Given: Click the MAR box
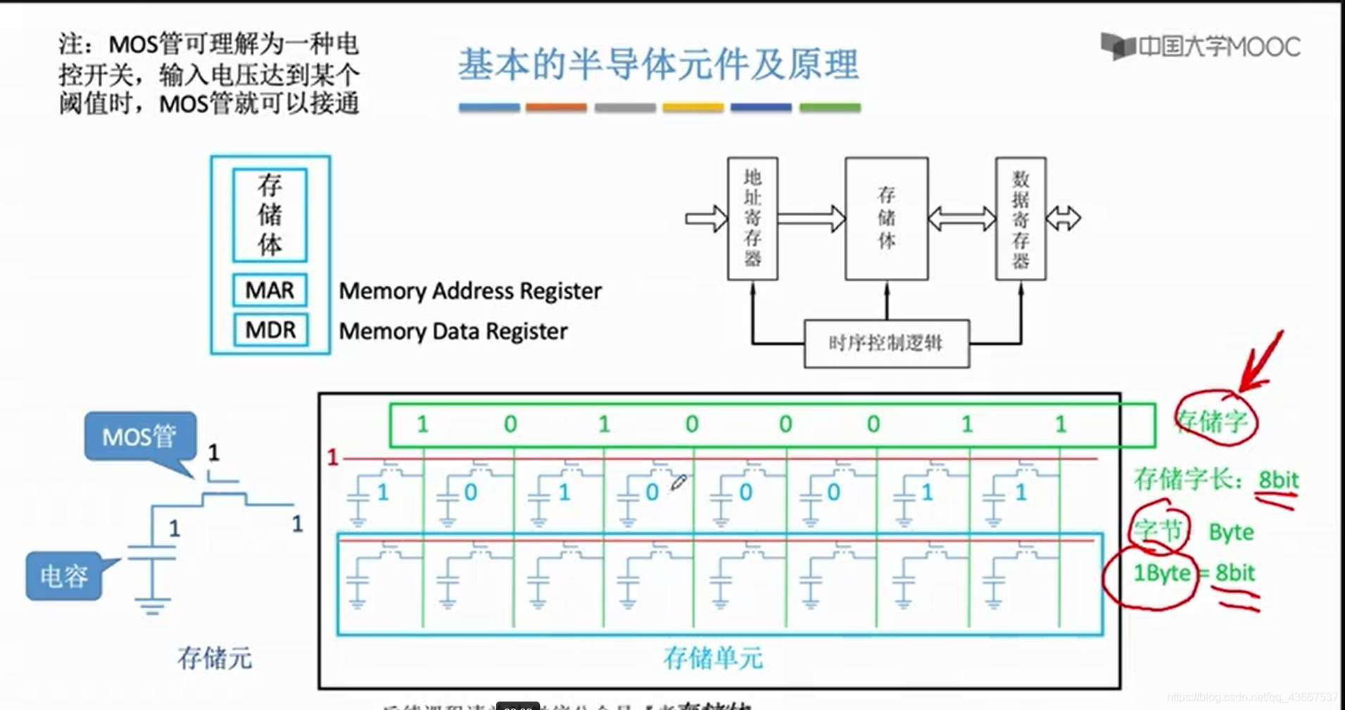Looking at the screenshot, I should (x=270, y=290).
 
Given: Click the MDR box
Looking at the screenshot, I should (x=270, y=329).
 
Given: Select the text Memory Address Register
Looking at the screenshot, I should (x=469, y=291).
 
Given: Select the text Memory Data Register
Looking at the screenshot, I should (x=453, y=331).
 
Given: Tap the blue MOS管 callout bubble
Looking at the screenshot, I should (x=139, y=436).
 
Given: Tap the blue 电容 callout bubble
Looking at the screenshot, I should (x=63, y=576).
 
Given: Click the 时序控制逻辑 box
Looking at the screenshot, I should (x=886, y=343).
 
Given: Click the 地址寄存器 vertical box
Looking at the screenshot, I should (x=752, y=218).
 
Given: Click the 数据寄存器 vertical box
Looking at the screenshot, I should (x=1021, y=218).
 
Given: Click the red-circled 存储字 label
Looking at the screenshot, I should (x=1213, y=421).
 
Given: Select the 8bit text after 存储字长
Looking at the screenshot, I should (x=1278, y=480).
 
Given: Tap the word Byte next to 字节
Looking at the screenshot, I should (x=1231, y=532).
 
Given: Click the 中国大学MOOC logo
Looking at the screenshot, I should (x=1201, y=46).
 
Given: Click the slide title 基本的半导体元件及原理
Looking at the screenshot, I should (x=658, y=65).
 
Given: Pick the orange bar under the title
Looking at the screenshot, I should (x=556, y=108).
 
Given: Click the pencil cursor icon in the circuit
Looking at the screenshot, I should (x=678, y=483).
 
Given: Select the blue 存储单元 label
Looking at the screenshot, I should (x=713, y=658).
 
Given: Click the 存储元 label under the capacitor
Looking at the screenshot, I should (x=215, y=658).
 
